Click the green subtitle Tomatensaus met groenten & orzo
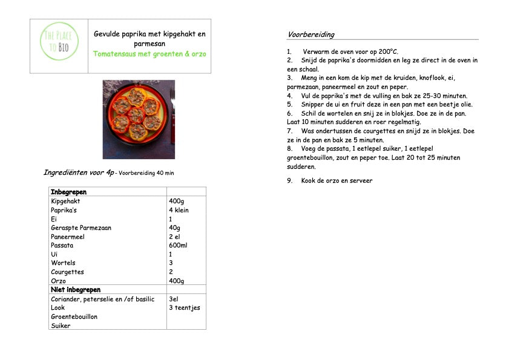click(149, 53)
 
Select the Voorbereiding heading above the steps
click(310, 34)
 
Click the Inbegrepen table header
click(68, 192)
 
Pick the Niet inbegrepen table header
click(76, 290)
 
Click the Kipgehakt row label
click(65, 201)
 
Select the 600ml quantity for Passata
click(178, 246)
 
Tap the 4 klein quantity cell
click(179, 210)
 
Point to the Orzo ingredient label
click(58, 281)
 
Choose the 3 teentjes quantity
click(184, 307)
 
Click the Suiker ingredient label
click(61, 326)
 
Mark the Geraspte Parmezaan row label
click(81, 227)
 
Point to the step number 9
click(289, 180)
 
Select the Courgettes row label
click(67, 272)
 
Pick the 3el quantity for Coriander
click(174, 299)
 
